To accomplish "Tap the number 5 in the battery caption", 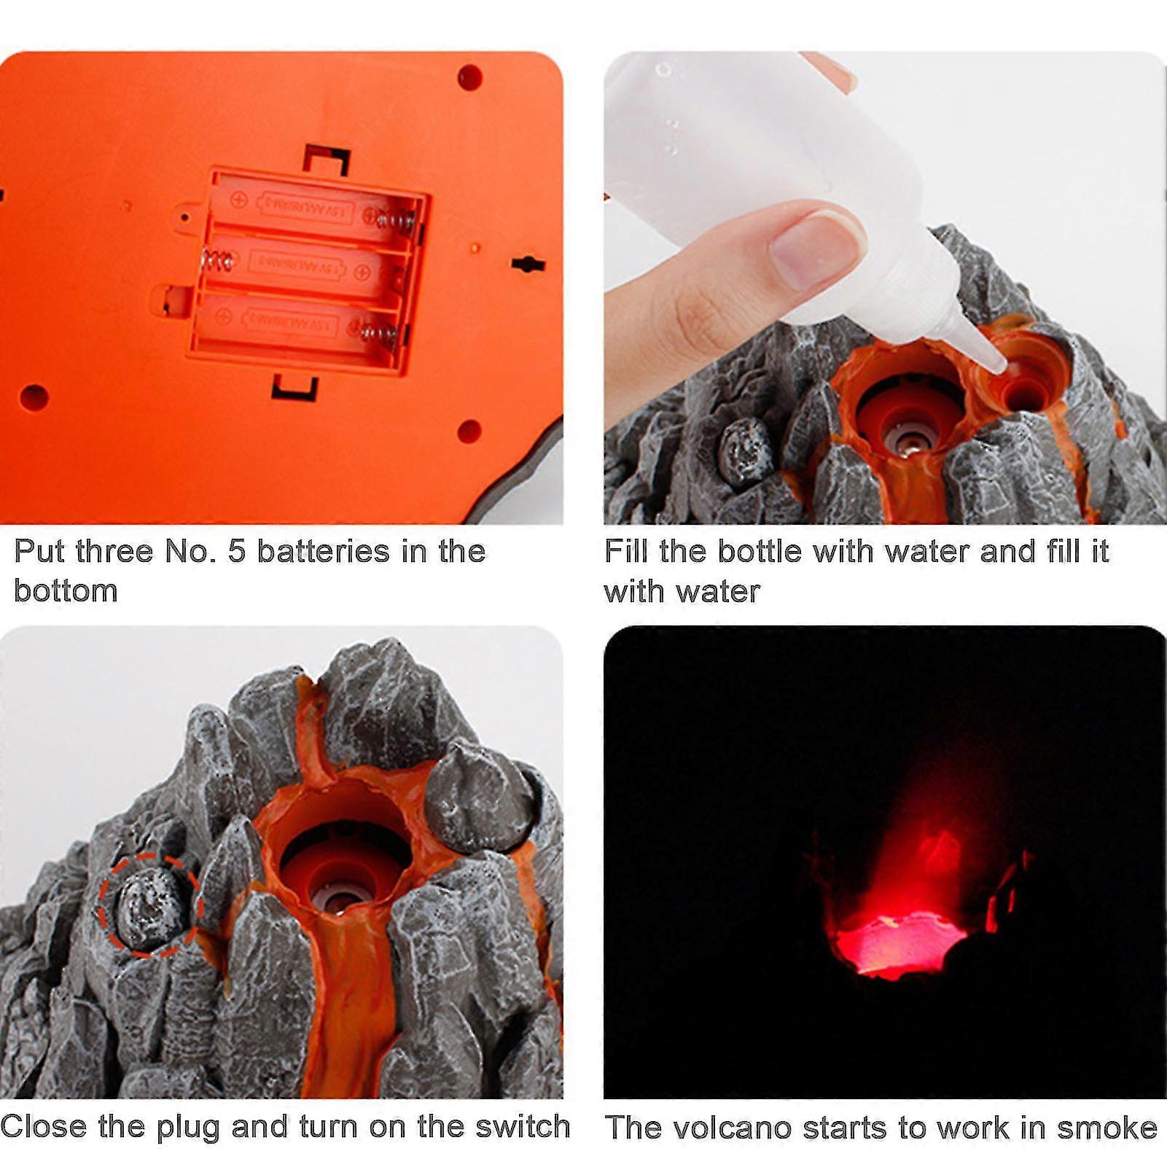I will coord(236,552).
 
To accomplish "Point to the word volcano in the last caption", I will coord(732,1128).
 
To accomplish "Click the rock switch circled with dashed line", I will coord(149,905).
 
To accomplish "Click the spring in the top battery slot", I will coord(398,219).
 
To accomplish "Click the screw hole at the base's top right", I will coord(470,77).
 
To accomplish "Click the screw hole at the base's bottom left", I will coord(34,398).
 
